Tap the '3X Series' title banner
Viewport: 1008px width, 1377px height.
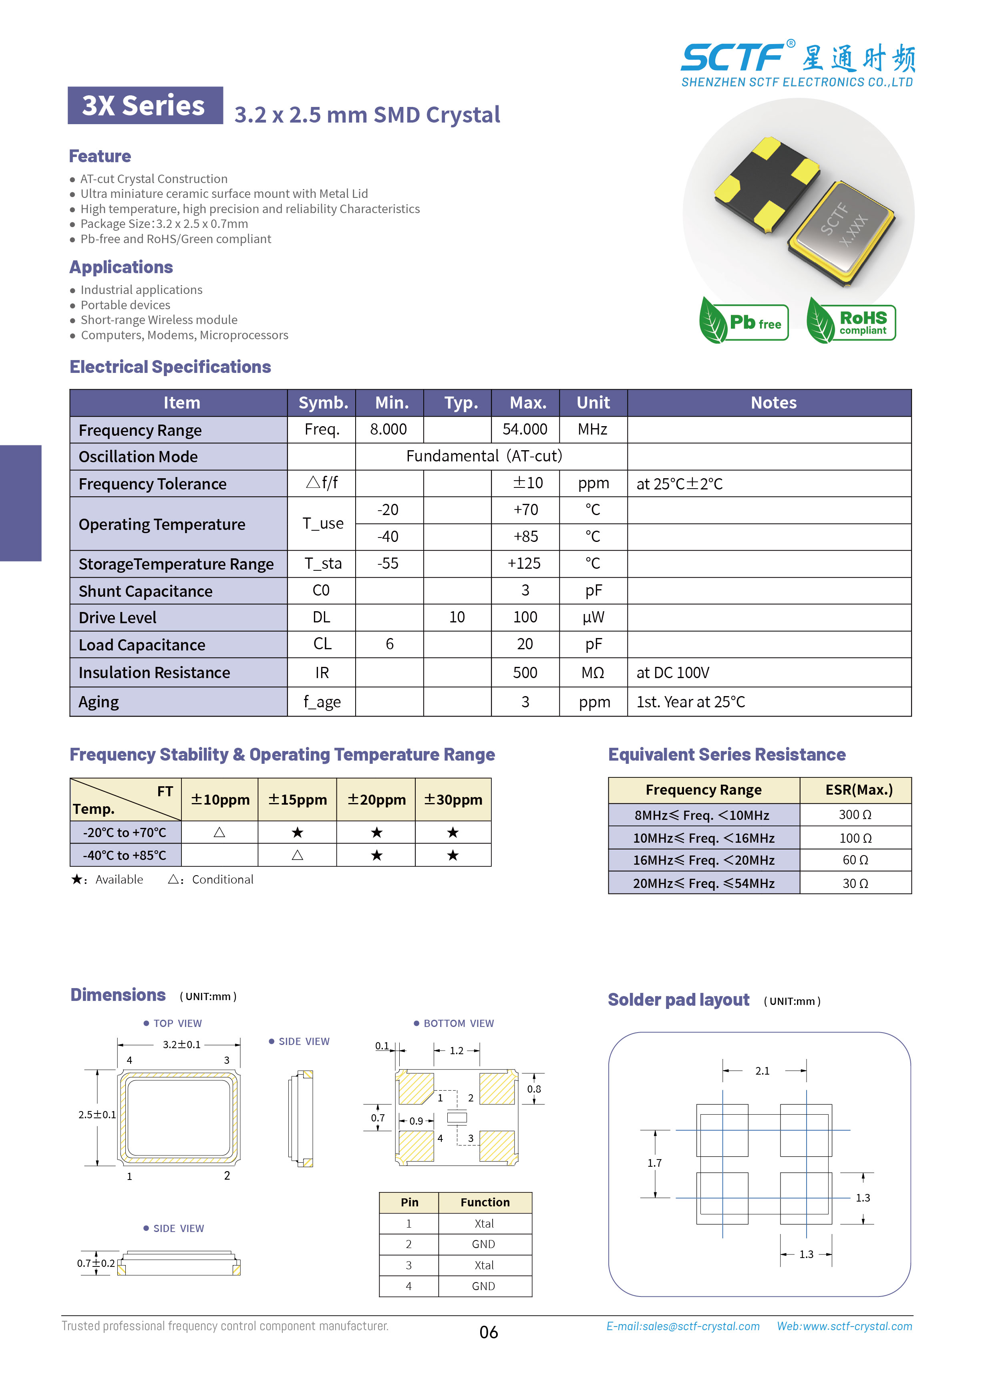coord(145,106)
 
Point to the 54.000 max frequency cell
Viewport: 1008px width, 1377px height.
coord(525,429)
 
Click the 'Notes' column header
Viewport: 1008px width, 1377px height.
coord(773,403)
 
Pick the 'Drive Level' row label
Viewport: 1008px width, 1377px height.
coord(118,618)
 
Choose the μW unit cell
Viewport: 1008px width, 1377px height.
coord(593,618)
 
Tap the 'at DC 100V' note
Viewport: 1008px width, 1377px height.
coord(672,673)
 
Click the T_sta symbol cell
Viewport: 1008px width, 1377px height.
coord(323,564)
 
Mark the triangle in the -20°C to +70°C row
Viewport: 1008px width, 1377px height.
coord(219,832)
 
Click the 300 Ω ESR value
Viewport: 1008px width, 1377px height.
coord(855,815)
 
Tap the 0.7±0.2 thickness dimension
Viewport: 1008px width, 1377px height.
coord(96,1263)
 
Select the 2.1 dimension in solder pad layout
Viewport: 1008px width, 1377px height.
coord(762,1071)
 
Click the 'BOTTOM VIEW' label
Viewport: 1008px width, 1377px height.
coord(458,1023)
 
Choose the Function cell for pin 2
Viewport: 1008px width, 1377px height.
coord(484,1244)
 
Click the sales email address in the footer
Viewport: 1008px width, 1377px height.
coord(683,1326)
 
